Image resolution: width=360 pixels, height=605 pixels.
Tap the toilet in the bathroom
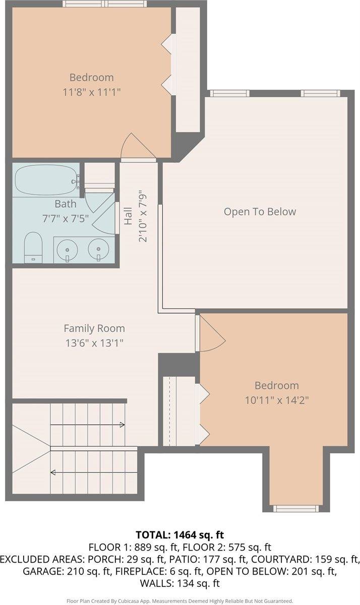pyautogui.click(x=33, y=248)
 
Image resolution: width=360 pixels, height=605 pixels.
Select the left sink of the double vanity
pyautogui.click(x=68, y=249)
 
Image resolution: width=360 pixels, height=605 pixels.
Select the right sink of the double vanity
pyautogui.click(x=99, y=249)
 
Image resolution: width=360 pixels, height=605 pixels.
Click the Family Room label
pyautogui.click(x=94, y=328)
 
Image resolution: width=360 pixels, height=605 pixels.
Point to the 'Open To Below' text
pyautogui.click(x=260, y=211)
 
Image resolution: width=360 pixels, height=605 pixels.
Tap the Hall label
pyautogui.click(x=128, y=216)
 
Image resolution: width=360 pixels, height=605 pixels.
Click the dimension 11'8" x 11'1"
pyautogui.click(x=92, y=92)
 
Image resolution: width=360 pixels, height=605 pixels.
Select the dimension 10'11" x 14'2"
pyautogui.click(x=277, y=400)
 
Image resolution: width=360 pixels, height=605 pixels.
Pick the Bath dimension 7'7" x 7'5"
pyautogui.click(x=66, y=218)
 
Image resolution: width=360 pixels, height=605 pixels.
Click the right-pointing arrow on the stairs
pyautogui.click(x=88, y=425)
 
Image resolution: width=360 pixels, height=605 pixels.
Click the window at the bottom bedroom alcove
pyautogui.click(x=296, y=509)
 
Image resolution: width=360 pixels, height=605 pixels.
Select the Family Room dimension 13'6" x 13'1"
pyautogui.click(x=94, y=343)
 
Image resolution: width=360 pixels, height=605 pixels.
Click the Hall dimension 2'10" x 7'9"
pyautogui.click(x=143, y=218)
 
